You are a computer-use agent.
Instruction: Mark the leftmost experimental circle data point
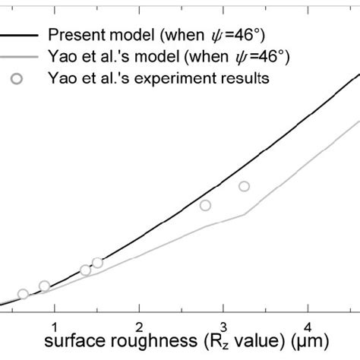(23, 294)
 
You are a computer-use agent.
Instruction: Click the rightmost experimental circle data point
(244, 186)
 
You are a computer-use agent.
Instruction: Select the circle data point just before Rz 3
(205, 205)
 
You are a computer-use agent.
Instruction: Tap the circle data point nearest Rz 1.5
(97, 263)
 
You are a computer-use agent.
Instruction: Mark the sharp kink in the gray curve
(244, 214)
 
